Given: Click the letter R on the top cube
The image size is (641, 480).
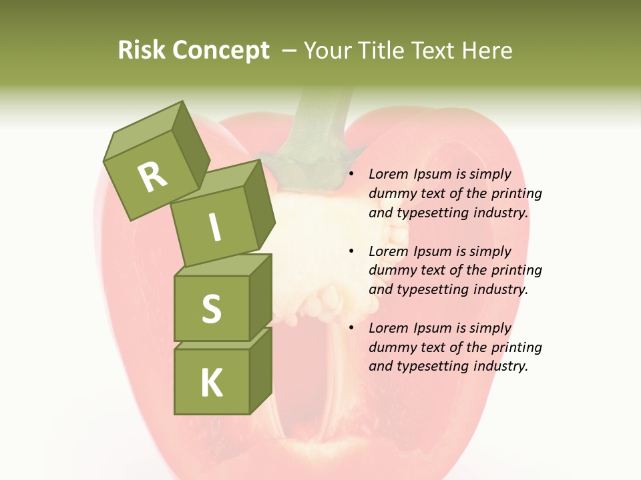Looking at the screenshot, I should tap(152, 177).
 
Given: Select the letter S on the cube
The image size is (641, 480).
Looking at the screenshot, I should tap(211, 308).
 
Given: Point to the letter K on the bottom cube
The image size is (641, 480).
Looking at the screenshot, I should tap(211, 383).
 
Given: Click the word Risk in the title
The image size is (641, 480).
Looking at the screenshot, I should tap(141, 51).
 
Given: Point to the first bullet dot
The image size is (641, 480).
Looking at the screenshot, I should tap(351, 175).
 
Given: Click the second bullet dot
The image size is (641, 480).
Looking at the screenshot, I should tap(351, 251).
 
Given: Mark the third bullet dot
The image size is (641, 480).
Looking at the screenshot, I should tap(351, 328).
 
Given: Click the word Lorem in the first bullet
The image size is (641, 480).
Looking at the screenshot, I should tap(388, 175).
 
